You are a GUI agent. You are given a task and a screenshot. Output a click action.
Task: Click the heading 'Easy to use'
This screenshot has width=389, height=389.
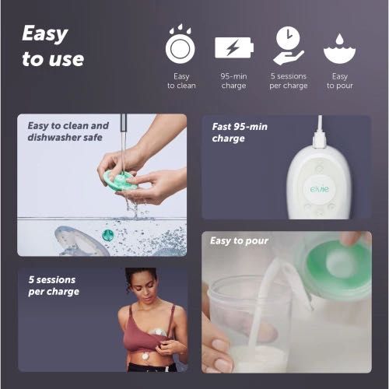pyautogui.click(x=52, y=46)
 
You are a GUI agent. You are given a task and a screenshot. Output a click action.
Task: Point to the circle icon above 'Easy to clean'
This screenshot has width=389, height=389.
pyautogui.click(x=180, y=46)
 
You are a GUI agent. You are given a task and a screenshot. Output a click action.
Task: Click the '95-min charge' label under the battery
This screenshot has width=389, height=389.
pyautogui.click(x=234, y=81)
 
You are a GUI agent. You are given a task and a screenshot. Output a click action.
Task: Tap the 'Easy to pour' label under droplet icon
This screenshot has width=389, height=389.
pyautogui.click(x=339, y=81)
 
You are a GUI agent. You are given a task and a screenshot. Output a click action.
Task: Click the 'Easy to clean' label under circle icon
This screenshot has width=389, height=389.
pyautogui.click(x=181, y=81)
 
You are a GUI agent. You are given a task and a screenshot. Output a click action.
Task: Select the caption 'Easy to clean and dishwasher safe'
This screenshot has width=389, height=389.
pyautogui.click(x=68, y=131)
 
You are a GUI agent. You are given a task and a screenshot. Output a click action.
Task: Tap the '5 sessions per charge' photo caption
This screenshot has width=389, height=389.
pyautogui.click(x=54, y=286)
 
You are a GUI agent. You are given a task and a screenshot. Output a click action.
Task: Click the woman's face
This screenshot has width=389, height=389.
pyautogui.click(x=142, y=285)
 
